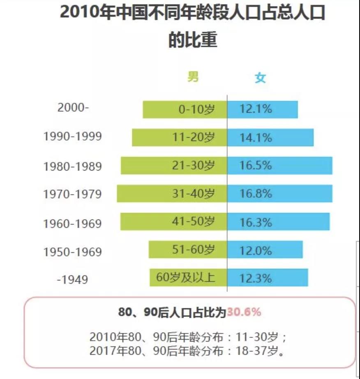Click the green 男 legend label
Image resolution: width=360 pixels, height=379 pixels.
193,77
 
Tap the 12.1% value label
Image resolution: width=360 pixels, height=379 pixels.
256,109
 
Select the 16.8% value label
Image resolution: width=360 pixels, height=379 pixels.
256,194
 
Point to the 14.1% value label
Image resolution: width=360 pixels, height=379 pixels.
256,138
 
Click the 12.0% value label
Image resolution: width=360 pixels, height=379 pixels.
256,250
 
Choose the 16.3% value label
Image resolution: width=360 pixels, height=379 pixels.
256,222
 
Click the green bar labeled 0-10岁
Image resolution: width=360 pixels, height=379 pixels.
185,110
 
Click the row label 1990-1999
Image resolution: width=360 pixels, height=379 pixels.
72,136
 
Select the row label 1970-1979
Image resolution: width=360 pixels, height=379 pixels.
72,194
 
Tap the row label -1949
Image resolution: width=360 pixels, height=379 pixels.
72,280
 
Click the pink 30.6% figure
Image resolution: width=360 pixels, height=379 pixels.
244,312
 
